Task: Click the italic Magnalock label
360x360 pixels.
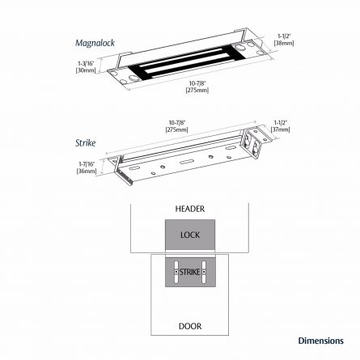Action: tap(95, 42)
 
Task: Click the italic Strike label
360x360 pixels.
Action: tap(85, 142)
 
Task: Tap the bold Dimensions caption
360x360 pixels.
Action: tap(320, 341)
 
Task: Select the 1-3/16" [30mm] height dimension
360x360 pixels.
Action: tap(85, 67)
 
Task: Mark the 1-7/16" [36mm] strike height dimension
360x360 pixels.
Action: tap(86, 167)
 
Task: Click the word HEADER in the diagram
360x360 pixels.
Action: tap(190, 209)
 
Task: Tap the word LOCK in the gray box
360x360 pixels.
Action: tap(190, 235)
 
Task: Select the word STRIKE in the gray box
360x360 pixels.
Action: tap(189, 271)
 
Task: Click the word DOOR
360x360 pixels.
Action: tap(190, 326)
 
